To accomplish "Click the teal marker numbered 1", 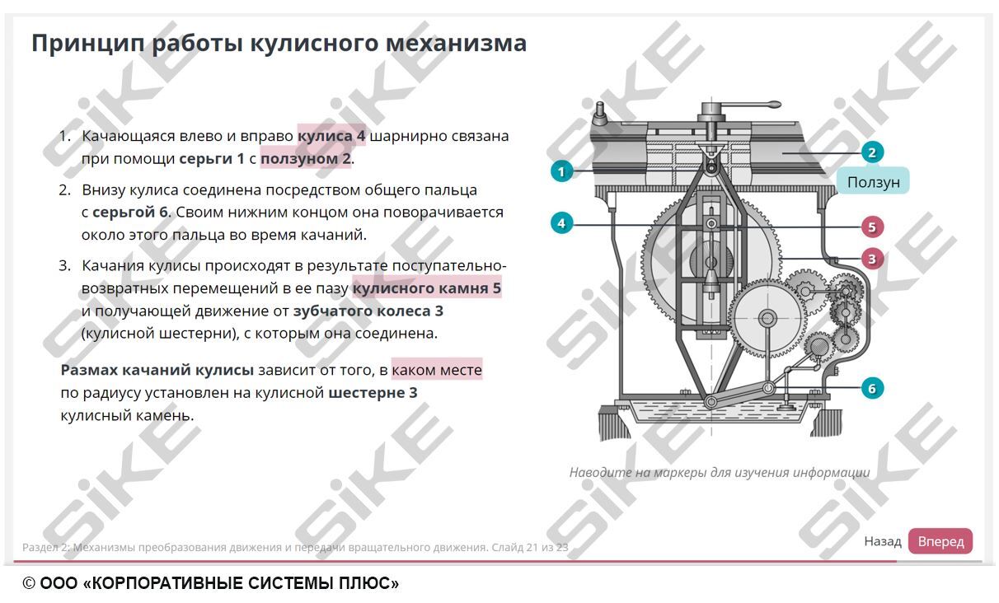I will coord(561,171).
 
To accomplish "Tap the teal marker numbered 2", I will coord(872,152).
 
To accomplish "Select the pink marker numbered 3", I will coord(872,259).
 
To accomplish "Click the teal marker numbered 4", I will coord(561,223).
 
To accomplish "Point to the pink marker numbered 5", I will coord(872,227).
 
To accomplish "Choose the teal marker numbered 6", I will coord(872,388).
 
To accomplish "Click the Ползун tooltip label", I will coord(873,182).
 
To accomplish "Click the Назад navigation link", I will coord(882,541).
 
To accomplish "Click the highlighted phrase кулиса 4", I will coord(331,136).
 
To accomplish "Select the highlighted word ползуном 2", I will coord(306,158).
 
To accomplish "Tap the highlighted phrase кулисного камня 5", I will coord(426,289).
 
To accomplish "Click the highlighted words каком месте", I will coord(437,371).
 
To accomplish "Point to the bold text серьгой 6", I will coord(130,213).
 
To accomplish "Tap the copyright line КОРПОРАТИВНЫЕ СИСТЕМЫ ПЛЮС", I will coord(211,584).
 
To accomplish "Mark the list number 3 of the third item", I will coord(65,265).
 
